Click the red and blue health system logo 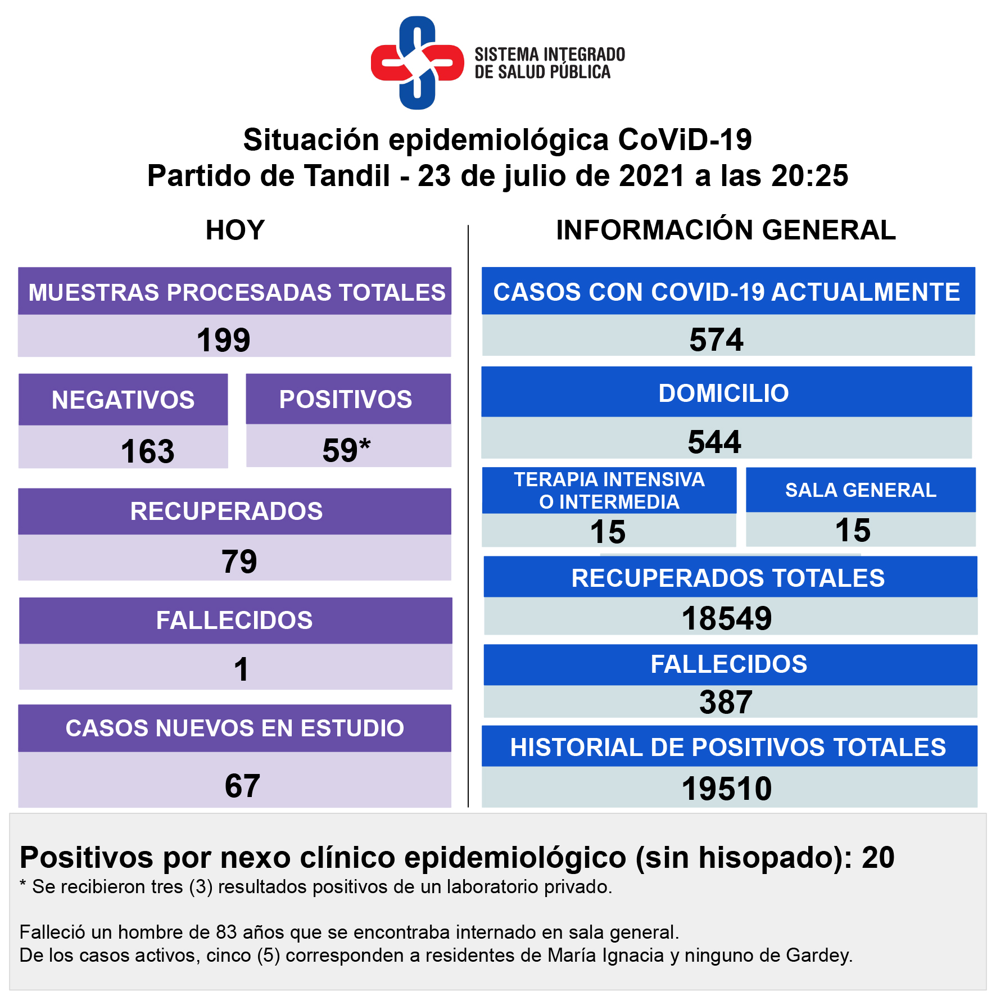tap(417, 63)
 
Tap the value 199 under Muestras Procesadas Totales tap(223, 340)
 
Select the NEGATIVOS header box tap(123, 400)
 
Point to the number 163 tap(147, 451)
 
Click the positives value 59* tap(346, 450)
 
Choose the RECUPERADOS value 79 tap(239, 562)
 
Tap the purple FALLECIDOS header tap(235, 621)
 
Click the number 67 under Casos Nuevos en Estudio tap(242, 785)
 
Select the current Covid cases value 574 tap(716, 339)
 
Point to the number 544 tap(714, 442)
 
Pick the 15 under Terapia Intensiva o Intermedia tap(608, 532)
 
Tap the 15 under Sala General tap(853, 530)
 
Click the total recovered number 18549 tap(727, 618)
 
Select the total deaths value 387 tap(726, 702)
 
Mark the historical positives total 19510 tap(727, 789)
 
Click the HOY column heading tap(235, 230)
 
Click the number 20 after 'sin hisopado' tap(878, 858)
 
